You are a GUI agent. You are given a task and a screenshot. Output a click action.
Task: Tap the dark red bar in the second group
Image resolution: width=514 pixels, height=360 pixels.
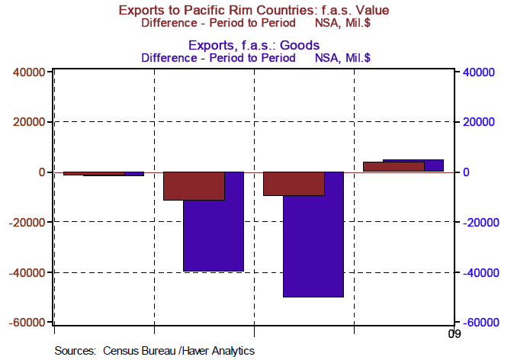(194, 186)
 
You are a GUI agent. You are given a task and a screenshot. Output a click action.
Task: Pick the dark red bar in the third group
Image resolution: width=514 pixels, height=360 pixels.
(294, 184)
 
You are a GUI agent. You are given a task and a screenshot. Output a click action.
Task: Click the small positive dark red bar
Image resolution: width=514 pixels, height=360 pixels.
(393, 166)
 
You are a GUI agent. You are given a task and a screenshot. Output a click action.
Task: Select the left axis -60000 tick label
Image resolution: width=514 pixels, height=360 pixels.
(26, 323)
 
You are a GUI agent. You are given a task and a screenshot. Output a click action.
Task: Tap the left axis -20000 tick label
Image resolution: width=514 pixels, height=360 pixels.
(26, 223)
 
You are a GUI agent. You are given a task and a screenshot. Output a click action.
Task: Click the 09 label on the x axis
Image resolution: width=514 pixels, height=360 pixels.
(454, 334)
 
